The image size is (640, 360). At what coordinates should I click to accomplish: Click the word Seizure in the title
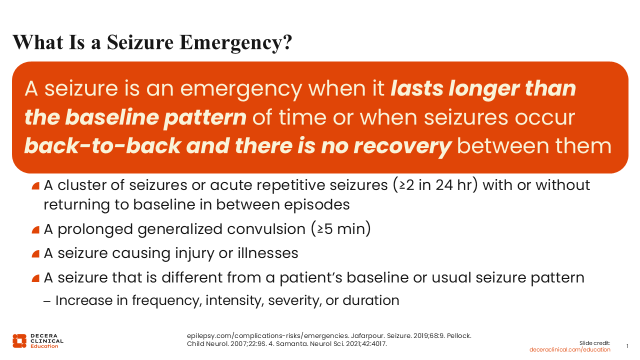(140, 42)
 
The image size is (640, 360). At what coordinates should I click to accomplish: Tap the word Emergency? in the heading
(235, 43)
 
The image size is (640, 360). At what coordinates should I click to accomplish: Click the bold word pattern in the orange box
(205, 117)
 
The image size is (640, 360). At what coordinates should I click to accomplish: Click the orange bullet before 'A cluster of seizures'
(35, 186)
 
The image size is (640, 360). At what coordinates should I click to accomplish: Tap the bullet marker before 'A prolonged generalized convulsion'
(35, 230)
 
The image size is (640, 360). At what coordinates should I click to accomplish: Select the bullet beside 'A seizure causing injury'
(35, 254)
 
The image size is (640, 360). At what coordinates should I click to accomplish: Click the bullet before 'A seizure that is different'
(35, 278)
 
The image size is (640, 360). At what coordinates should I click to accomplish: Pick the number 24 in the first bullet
(444, 185)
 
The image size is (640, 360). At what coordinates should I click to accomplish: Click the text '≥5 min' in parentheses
(341, 229)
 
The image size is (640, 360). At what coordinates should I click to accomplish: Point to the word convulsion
(266, 229)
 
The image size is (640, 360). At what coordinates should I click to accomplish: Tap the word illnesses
(267, 253)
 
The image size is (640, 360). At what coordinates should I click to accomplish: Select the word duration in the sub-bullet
(371, 300)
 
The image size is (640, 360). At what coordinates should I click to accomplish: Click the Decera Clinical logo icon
(19, 341)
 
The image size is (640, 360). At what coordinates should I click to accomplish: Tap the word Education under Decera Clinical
(44, 346)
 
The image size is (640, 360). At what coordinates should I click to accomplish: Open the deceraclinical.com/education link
(569, 349)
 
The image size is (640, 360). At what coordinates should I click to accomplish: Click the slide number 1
(627, 346)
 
